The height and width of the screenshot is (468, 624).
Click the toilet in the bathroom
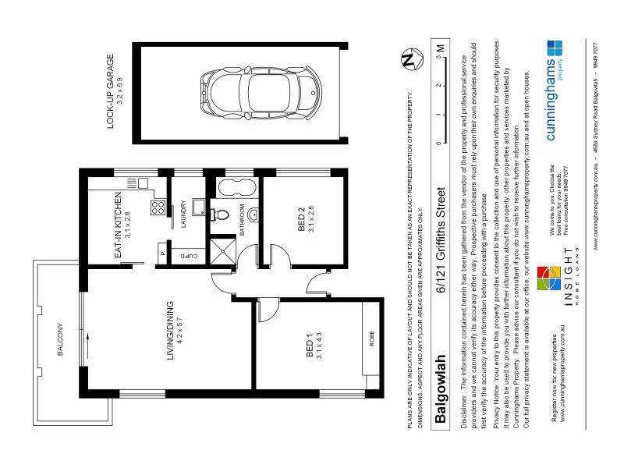(x=222, y=215)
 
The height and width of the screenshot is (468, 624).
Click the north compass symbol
(x=406, y=60)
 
